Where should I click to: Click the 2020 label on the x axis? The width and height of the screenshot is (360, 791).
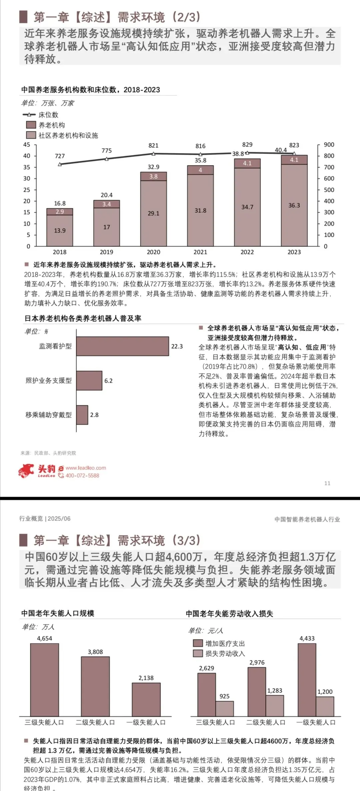[x=153, y=252]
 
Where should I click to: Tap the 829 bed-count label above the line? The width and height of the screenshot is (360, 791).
[x=247, y=145]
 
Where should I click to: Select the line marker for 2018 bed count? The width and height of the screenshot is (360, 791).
[x=60, y=164]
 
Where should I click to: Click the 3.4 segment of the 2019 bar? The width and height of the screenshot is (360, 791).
[x=107, y=204]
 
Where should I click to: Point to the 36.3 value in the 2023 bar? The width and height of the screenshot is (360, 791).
[x=294, y=205]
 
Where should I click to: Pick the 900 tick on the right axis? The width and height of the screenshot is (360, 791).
[x=329, y=145]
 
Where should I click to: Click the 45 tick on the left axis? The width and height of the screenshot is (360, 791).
[x=27, y=145]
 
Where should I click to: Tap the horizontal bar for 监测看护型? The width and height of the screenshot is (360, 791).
[x=122, y=346]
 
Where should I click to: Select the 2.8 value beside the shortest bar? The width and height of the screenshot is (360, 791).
[x=94, y=415]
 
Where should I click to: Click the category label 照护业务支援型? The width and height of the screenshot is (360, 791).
[x=49, y=381]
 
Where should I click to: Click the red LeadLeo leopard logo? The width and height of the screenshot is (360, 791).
[x=26, y=471]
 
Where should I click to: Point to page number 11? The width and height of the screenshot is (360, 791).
[x=327, y=483]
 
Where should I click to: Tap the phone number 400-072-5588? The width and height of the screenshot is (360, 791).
[x=82, y=476]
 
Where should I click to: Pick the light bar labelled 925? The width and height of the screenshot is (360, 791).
[x=225, y=709]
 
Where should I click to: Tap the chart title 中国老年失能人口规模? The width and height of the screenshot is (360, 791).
[x=58, y=613]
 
